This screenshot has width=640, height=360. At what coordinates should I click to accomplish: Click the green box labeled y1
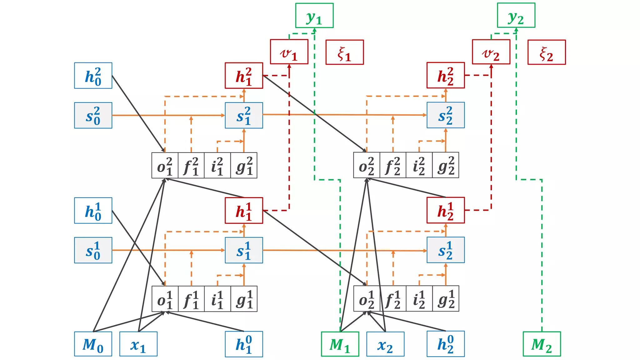pyautogui.click(x=314, y=16)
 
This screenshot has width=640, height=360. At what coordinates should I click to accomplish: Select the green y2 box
pyautogui.click(x=516, y=16)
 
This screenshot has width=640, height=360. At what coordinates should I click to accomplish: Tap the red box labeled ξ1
pyautogui.click(x=345, y=52)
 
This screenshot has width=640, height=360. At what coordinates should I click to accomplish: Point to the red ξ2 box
pyautogui.click(x=547, y=52)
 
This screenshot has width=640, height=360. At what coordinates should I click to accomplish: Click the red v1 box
pyautogui.click(x=289, y=52)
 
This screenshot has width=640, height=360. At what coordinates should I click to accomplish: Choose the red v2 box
pyautogui.click(x=491, y=52)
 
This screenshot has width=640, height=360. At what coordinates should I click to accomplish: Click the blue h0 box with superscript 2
pyautogui.click(x=93, y=76)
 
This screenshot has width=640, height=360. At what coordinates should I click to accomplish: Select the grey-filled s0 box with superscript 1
pyautogui.click(x=93, y=250)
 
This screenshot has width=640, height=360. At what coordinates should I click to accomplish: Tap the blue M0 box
pyautogui.click(x=93, y=344)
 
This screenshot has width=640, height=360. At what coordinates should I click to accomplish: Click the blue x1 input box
pyautogui.click(x=138, y=344)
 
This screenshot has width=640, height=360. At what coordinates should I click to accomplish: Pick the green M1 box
pyautogui.click(x=340, y=344)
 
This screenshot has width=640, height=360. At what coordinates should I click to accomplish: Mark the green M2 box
pyautogui.click(x=542, y=344)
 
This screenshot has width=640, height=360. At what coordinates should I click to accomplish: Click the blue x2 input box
pyautogui.click(x=385, y=344)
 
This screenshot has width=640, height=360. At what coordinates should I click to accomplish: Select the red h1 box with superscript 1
pyautogui.click(x=244, y=211)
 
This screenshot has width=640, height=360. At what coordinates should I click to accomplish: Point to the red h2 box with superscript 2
pyautogui.click(x=446, y=75)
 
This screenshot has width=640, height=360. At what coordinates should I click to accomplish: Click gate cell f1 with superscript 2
pyautogui.click(x=191, y=166)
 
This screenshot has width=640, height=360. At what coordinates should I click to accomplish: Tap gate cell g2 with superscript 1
pyautogui.click(x=446, y=299)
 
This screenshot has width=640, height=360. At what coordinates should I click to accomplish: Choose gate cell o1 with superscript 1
pyautogui.click(x=165, y=299)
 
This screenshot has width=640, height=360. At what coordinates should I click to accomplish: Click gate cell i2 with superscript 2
pyautogui.click(x=419, y=165)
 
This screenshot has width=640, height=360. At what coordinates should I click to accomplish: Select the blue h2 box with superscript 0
pyautogui.click(x=446, y=344)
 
